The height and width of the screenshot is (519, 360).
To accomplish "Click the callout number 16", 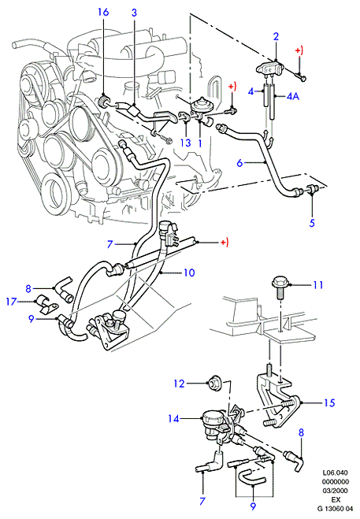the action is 103,13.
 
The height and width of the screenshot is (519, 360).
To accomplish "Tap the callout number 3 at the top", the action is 134,13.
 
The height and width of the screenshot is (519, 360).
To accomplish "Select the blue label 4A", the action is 293,96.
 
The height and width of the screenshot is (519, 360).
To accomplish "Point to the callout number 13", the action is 186,143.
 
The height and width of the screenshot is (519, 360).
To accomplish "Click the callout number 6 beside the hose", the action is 239,163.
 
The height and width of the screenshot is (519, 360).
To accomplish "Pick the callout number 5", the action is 312,223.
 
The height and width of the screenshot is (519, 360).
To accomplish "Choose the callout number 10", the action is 189,272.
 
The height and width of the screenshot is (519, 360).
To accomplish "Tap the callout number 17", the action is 11,302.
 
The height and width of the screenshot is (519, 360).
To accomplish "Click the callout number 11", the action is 318,284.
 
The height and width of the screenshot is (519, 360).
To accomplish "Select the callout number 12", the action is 179,384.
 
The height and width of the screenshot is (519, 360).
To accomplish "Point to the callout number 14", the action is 173,419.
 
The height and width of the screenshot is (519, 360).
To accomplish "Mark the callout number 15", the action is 329,402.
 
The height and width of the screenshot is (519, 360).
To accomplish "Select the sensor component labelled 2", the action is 271,69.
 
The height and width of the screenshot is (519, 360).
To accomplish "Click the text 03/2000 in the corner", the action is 336,491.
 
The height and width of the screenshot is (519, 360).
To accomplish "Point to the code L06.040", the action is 336,473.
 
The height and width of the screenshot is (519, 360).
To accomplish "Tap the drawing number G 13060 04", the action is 335,509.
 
